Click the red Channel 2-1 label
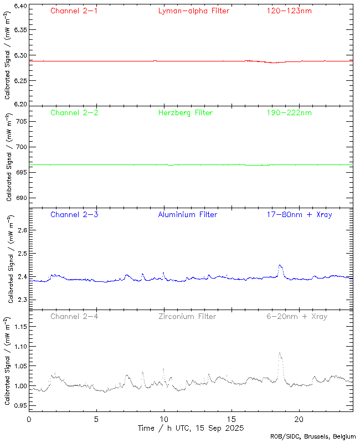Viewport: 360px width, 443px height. click(x=74, y=11)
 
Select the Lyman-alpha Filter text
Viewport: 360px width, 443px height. click(x=193, y=11)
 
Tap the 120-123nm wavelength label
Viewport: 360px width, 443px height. click(x=289, y=11)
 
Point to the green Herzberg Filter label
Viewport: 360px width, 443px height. click(x=186, y=112)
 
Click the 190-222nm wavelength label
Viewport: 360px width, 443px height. click(x=289, y=112)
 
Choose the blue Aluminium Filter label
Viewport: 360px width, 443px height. click(x=187, y=214)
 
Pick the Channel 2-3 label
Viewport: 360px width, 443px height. click(x=74, y=214)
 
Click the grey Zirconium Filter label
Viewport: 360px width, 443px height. click(x=187, y=316)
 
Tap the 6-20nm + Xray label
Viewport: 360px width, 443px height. click(x=296, y=316)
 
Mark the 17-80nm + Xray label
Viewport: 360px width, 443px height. click(x=299, y=214)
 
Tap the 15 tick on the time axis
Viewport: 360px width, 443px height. click(x=232, y=419)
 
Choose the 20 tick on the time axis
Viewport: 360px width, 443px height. click(x=299, y=419)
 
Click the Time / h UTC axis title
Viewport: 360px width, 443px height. click(x=191, y=428)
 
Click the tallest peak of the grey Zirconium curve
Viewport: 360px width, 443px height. click(x=280, y=353)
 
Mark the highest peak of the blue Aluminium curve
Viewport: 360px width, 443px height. click(x=280, y=266)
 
